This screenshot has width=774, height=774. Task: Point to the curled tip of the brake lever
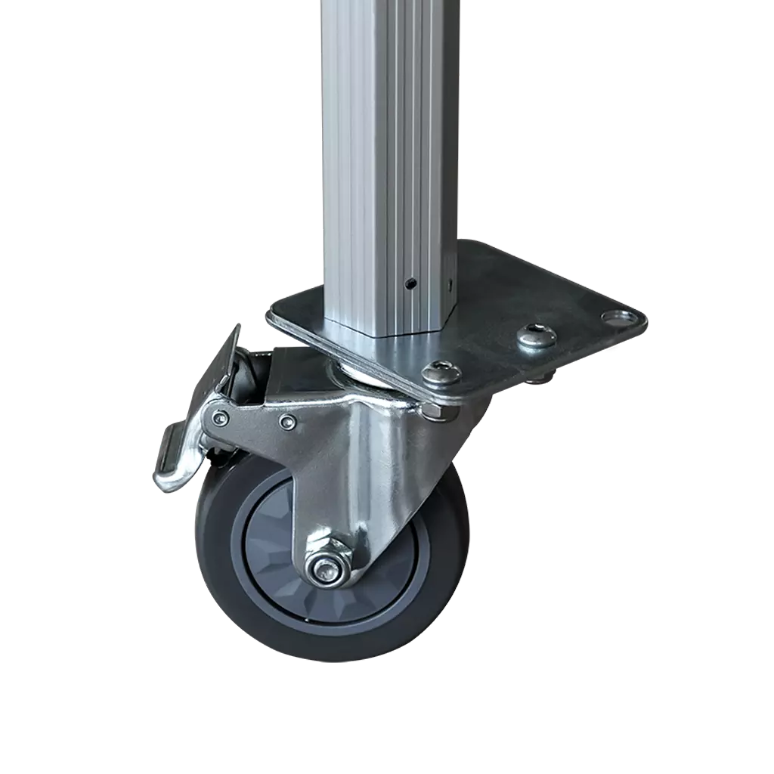click(168, 481)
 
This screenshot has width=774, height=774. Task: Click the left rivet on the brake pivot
click(219, 418)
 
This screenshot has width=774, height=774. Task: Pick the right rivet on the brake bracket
click(286, 420)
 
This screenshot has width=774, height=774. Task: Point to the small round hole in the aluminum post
click(410, 283)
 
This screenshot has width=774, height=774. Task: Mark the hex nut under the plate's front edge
click(434, 410)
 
